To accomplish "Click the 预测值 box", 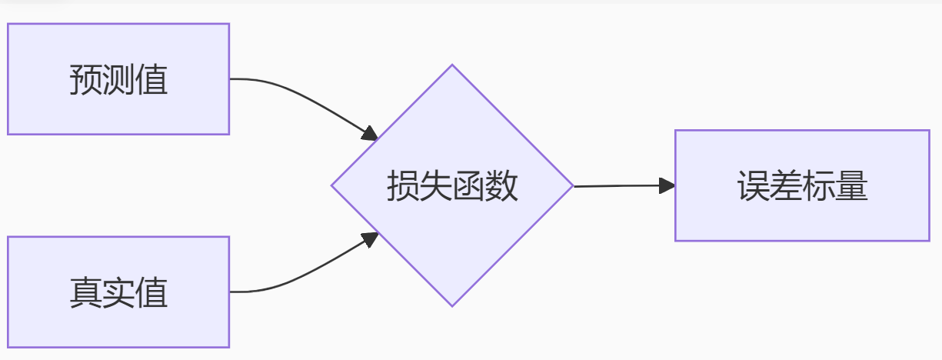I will click(118, 78).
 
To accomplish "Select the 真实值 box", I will click(118, 292).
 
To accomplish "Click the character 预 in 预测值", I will click(85, 80).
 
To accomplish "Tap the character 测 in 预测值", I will click(118, 80).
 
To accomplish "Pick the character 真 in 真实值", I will click(85, 293).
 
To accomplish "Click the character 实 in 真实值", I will click(118, 293).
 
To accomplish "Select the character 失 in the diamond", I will click(435, 186).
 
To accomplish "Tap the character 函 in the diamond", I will click(469, 186).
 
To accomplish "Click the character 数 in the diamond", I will click(502, 186).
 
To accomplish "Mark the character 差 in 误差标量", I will click(786, 186).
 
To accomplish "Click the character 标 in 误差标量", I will click(819, 186).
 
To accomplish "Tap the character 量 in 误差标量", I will click(852, 186).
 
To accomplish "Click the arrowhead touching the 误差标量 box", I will click(667, 185).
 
